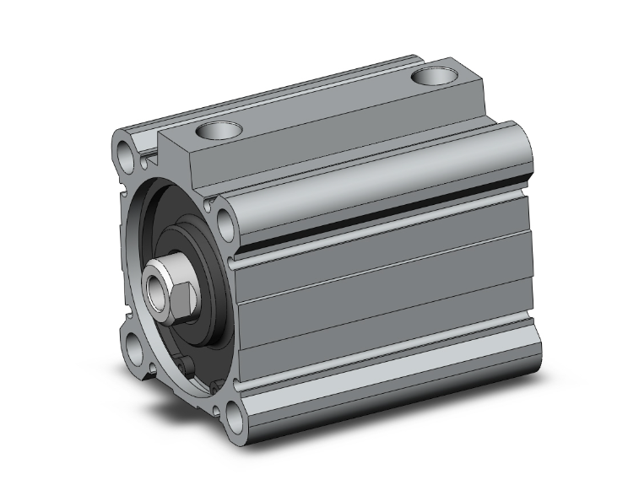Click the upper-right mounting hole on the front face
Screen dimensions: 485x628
click(225, 223)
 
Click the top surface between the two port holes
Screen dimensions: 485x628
click(329, 105)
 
